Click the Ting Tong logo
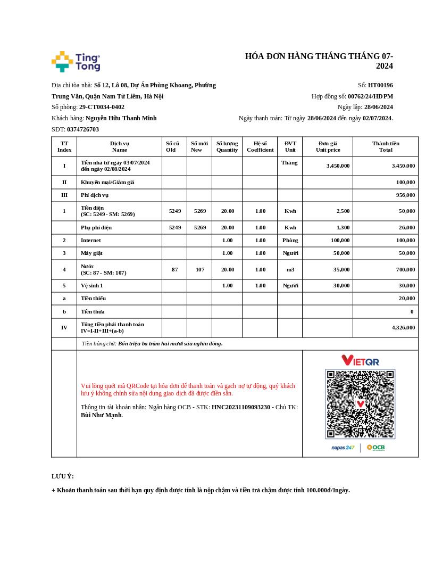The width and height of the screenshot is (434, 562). point(76,62)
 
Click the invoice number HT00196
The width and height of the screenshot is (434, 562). point(380,85)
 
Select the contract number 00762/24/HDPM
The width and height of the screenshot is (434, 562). point(370,96)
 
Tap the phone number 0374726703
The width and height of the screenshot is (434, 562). point(83,129)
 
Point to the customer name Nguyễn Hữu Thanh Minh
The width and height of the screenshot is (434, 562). point(121,118)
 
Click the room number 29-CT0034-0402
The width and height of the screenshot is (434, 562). point(102,107)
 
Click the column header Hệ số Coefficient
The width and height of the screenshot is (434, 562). point(260,146)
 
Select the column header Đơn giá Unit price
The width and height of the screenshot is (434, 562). point(328,146)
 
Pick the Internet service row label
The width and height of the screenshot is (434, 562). point(90,241)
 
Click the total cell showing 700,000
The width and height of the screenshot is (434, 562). point(405,270)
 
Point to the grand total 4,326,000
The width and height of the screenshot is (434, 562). point(403,328)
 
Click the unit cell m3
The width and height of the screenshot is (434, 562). point(290,270)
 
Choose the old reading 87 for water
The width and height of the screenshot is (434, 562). point(174,270)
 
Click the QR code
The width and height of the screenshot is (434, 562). point(360,404)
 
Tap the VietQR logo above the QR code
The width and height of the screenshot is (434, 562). point(360,361)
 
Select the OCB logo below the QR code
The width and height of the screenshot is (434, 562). point(375,448)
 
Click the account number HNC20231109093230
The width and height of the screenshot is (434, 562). point(241,408)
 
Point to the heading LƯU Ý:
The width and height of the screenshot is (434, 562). point(63,476)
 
